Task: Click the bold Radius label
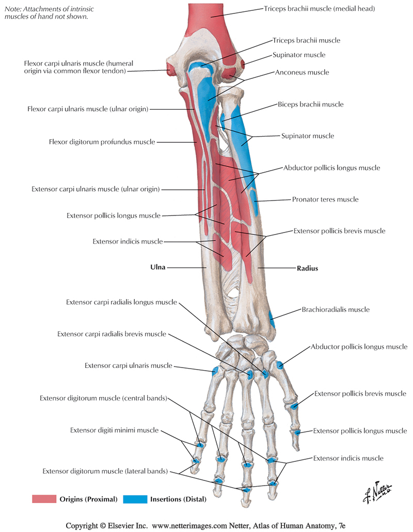point(307,268)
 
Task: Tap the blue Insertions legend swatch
point(135,498)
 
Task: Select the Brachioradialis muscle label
point(336,310)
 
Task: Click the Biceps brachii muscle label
point(310,104)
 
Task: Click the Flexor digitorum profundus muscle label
point(102,142)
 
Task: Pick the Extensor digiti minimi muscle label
point(114,430)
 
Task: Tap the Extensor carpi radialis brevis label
point(112,334)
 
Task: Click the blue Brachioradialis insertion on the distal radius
point(272,324)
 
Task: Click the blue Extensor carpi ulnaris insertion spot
point(215,370)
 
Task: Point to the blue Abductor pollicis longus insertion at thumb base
point(280,365)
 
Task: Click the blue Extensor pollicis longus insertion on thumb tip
point(296,431)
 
